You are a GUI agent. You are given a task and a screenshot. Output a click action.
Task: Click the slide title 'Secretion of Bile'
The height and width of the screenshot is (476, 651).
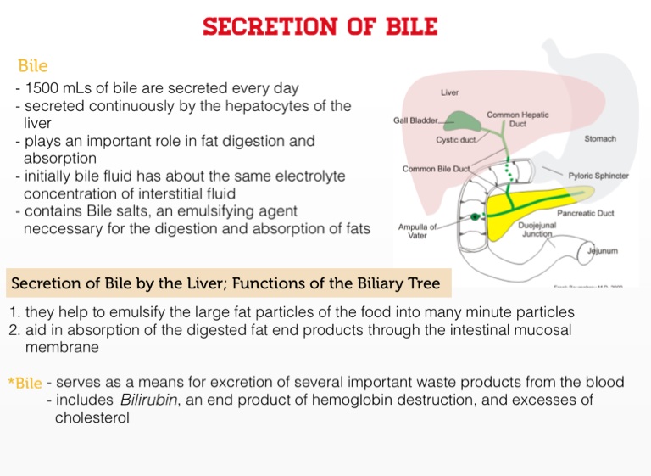point(320,26)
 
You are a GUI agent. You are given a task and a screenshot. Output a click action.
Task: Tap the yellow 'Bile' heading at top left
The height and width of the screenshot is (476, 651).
point(33,66)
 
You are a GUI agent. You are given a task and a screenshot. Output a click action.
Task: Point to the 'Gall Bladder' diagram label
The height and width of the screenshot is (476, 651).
point(415,120)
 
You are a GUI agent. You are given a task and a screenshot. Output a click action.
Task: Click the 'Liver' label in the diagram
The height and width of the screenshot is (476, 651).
point(450,92)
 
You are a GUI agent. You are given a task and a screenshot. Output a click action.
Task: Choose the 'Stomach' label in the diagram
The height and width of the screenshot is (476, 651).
point(599,138)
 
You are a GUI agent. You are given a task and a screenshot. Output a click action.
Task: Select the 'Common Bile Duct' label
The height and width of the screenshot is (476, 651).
point(436,169)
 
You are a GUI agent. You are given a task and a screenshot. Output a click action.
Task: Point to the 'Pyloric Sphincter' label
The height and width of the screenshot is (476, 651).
point(598,176)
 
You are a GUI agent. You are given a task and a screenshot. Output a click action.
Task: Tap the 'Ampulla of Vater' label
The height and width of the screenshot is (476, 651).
point(418,232)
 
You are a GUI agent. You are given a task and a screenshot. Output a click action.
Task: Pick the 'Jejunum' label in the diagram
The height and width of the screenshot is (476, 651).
point(604,251)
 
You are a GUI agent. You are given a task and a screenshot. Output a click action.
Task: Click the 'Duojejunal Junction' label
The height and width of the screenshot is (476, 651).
point(537,229)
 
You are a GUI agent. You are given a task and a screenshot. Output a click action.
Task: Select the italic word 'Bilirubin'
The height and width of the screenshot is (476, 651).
point(150,400)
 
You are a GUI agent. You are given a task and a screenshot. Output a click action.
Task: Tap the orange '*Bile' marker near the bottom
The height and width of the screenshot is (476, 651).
point(25,384)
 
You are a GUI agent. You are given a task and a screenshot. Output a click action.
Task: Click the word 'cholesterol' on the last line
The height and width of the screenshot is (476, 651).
point(92,417)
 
